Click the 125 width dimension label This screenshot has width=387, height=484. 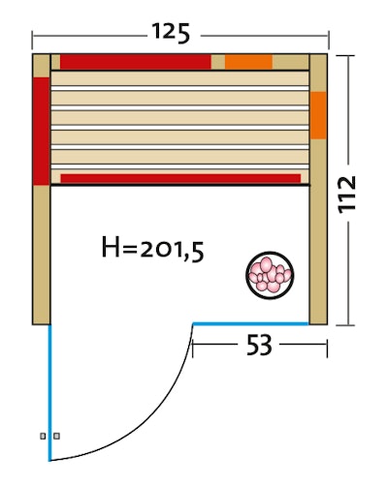pyautogui.click(x=171, y=33)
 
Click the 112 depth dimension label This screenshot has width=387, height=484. pyautogui.click(x=347, y=195)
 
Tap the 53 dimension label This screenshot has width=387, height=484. pyautogui.click(x=259, y=345)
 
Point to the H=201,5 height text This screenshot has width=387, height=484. pyautogui.click(x=152, y=248)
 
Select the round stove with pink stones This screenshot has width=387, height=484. pyautogui.click(x=270, y=275)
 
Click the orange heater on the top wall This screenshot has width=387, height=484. pyautogui.click(x=248, y=62)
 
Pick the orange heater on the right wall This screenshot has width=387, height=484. pyautogui.click(x=318, y=115)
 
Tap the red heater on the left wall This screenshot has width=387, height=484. pyautogui.click(x=41, y=131)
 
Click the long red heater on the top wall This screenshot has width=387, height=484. pyautogui.click(x=136, y=62)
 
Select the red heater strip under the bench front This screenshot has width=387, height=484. pyautogui.click(x=180, y=178)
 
